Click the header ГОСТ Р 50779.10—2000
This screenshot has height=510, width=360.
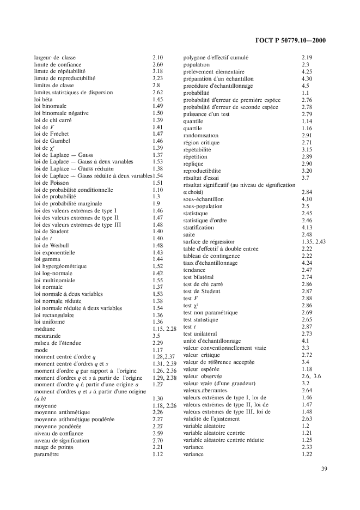tap(294, 40)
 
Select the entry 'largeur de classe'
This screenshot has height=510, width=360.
tap(55, 57)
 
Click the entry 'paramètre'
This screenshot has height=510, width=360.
tap(47, 453)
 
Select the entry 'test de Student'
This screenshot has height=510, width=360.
tap(202, 291)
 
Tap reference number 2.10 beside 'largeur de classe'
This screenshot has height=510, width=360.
tap(158, 57)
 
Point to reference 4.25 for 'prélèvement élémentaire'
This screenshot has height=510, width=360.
tap(307, 71)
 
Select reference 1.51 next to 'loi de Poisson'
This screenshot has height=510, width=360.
tap(158, 183)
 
